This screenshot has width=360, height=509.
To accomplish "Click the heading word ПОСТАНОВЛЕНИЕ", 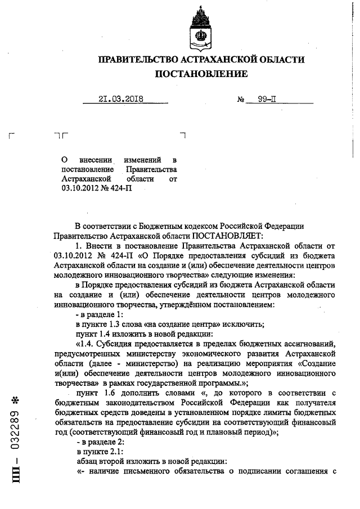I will (200, 74).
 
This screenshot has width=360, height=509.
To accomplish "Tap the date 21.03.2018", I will (121, 100).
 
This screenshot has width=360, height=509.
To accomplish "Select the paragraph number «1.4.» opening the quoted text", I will (89, 344).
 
